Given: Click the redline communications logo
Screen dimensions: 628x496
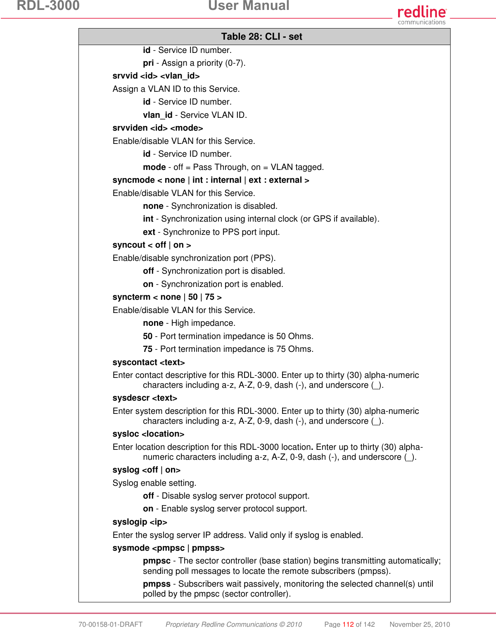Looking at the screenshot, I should click(x=422, y=15).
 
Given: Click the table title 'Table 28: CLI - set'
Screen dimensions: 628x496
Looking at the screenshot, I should click(x=261, y=37).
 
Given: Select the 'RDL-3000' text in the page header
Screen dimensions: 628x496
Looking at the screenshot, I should click(x=48, y=6).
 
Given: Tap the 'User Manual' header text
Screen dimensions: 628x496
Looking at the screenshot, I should click(x=249, y=6).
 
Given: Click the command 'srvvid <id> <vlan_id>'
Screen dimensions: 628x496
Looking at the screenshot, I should click(x=156, y=76).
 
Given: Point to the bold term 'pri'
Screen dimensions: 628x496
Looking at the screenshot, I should click(x=148, y=63).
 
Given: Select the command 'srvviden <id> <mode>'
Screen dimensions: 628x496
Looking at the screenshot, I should click(x=158, y=128).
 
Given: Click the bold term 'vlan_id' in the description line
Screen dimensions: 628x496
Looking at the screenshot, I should click(x=157, y=115).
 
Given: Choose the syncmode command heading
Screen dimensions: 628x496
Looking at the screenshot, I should click(x=211, y=180).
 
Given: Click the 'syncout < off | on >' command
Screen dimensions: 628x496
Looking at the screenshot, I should click(x=152, y=245).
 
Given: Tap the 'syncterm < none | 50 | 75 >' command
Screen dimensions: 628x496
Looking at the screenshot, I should click(x=167, y=297).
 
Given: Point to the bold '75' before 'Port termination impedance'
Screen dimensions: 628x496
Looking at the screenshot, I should click(x=147, y=349).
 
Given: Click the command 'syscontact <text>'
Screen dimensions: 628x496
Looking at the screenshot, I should click(x=149, y=363).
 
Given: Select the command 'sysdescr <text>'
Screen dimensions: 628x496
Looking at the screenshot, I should click(x=145, y=398).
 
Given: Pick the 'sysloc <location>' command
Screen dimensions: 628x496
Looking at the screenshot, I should click(x=148, y=434).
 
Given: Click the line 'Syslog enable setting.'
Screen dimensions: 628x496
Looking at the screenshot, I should click(x=154, y=483).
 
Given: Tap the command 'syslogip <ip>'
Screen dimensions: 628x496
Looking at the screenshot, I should click(x=140, y=522).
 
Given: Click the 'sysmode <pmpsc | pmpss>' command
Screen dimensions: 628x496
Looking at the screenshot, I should click(x=168, y=548).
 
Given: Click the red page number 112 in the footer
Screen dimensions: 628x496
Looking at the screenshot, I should click(x=348, y=624).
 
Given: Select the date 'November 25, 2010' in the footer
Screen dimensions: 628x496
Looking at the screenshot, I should click(x=420, y=624).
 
